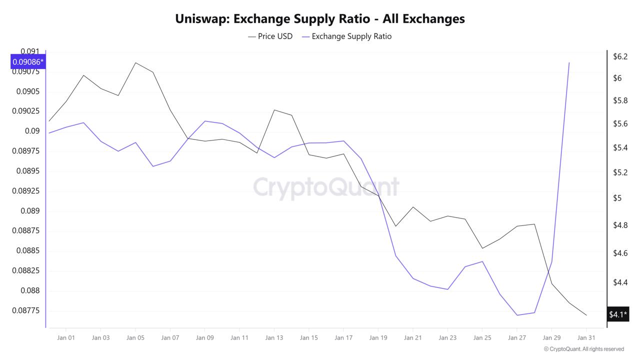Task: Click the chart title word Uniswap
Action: coord(201,19)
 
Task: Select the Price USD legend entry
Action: coord(270,36)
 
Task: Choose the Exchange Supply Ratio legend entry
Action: coord(347,36)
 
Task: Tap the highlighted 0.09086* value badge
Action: coord(28,62)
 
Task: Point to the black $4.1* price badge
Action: coord(617,314)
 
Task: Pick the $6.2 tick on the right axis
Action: coord(620,56)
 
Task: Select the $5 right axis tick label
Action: coord(617,198)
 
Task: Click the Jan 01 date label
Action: coord(66,338)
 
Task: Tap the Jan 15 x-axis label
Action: coord(308,338)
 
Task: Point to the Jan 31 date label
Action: coord(586,338)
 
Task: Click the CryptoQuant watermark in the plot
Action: coord(326,187)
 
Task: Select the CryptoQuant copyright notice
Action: coord(583,349)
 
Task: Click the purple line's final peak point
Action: coord(569,63)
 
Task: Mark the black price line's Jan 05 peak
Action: coord(135,63)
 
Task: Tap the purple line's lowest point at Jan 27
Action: coord(517,315)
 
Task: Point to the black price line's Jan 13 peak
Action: coord(274,110)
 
